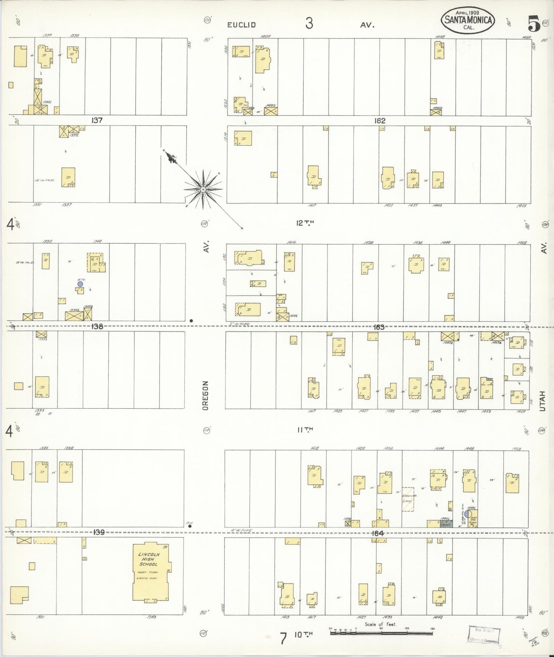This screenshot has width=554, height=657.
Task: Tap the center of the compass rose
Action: (203, 189)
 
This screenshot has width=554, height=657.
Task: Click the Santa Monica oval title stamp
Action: (468, 20)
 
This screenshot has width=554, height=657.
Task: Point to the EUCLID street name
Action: (242, 25)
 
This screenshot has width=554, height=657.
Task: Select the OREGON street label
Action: (205, 396)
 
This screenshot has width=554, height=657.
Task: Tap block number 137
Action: (97, 120)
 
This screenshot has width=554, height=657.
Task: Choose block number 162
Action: (380, 121)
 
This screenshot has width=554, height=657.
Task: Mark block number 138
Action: (97, 326)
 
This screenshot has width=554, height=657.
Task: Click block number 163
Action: (379, 327)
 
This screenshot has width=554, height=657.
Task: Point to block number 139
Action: (99, 532)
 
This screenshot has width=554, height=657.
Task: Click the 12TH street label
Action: (305, 223)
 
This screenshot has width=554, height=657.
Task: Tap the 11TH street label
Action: (305, 430)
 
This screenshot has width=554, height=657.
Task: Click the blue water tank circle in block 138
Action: (80, 284)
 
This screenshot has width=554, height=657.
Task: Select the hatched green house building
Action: (408, 499)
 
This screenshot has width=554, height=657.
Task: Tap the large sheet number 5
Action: (533, 24)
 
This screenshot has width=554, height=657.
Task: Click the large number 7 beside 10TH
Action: (283, 639)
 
